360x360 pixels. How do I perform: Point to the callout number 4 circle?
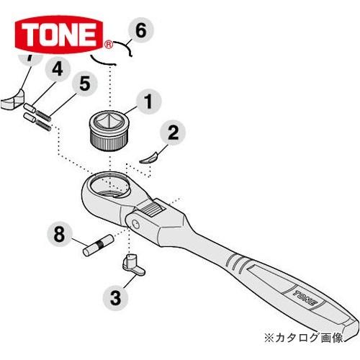click(57, 71)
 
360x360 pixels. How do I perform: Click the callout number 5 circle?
click(84, 84)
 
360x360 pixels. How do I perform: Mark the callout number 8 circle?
click(60, 234)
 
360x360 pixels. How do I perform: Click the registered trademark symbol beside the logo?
click(109, 44)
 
